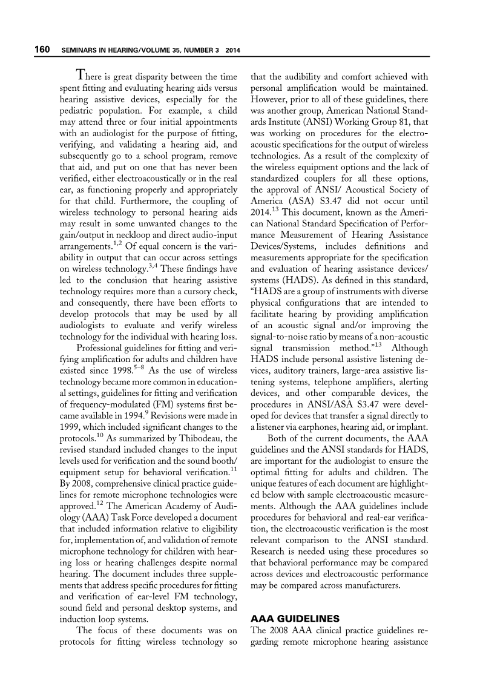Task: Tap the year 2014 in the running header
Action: pos(233,50)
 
